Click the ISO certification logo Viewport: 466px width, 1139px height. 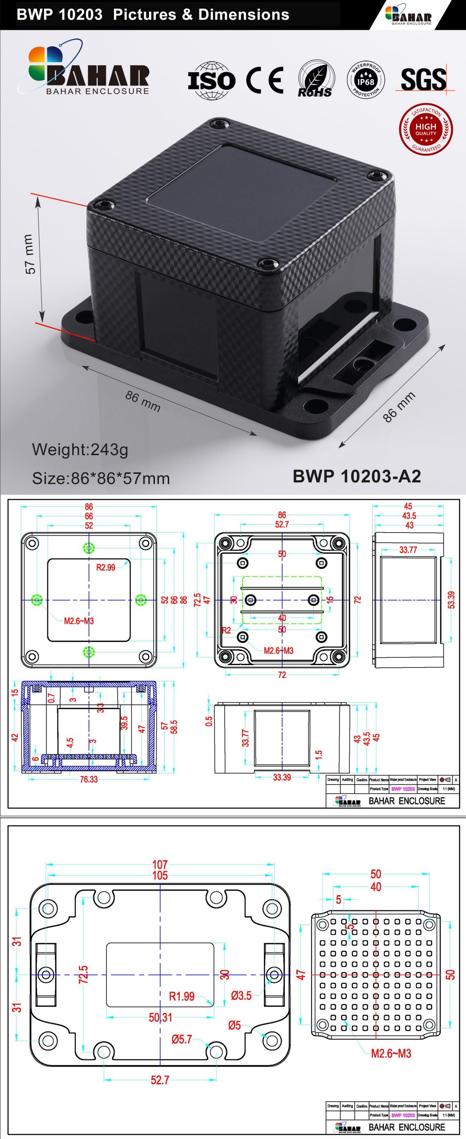tap(211, 81)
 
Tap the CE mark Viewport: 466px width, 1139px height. tap(265, 80)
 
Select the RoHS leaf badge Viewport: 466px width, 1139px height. tap(315, 80)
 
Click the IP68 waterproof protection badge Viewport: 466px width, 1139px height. tap(366, 81)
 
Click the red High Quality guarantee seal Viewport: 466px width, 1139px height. tap(426, 129)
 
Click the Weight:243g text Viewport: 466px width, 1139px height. tap(80, 449)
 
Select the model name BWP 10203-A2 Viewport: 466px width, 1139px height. tap(357, 476)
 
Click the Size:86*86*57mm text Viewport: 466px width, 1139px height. tap(101, 478)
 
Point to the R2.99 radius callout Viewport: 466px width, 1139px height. tap(105, 567)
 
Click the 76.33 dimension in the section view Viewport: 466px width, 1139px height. tap(89, 780)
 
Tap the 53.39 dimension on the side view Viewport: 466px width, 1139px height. tap(451, 600)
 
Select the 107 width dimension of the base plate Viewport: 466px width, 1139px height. tap(160, 864)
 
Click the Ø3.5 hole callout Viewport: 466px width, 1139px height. tap(241, 996)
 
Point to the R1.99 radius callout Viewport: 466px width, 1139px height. tap(182, 996)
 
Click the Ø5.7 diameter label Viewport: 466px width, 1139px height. tap(182, 1039)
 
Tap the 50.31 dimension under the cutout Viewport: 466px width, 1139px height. tap(160, 1017)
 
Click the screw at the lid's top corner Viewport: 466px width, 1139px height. tap(220, 123)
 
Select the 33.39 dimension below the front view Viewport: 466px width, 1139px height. tap(282, 777)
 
